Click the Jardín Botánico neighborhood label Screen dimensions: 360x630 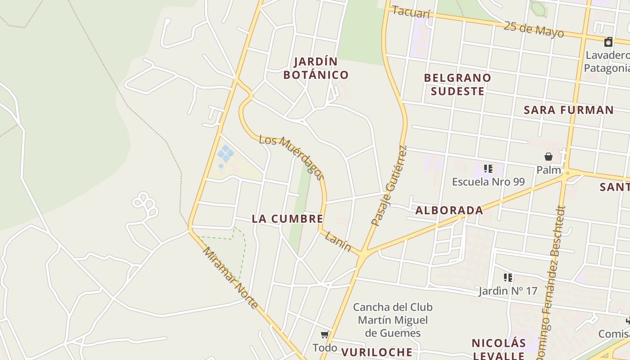tap(316, 68)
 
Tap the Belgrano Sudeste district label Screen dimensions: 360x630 tap(457, 85)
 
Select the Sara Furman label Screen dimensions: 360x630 tap(569, 110)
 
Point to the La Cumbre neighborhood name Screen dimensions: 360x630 tap(287, 219)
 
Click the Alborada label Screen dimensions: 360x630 tap(449, 210)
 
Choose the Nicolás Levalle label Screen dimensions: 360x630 tap(499, 349)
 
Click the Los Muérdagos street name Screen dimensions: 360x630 tap(292, 157)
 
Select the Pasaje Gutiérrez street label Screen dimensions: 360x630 tap(389, 185)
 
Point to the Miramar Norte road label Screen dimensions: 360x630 tap(230, 278)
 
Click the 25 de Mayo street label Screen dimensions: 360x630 tap(533, 29)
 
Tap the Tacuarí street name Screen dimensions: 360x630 tap(411, 13)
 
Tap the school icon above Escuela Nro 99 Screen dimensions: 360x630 tap(488, 169)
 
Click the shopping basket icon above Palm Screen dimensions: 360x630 tap(548, 157)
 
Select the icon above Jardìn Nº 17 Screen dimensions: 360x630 tap(508, 278)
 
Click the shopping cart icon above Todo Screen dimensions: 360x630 tap(324, 334)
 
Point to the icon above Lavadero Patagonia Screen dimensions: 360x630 tap(608, 42)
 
